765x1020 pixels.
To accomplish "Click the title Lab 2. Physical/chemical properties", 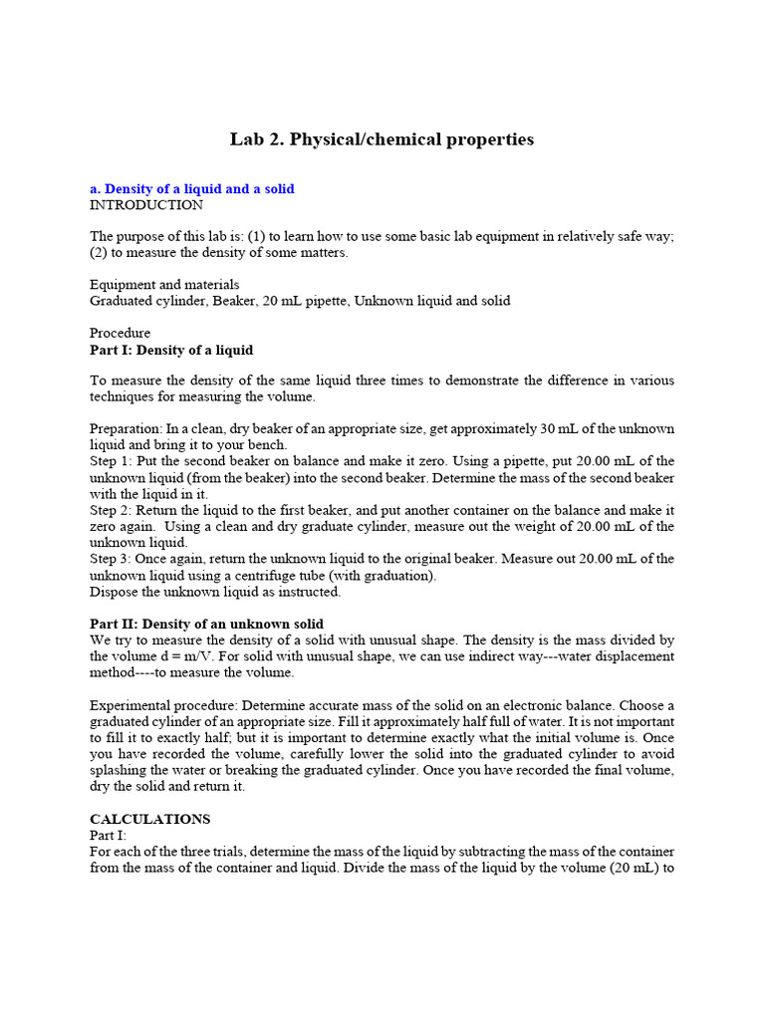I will [382, 139].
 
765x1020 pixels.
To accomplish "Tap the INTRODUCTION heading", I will [146, 205].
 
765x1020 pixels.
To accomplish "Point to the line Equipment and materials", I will [164, 285].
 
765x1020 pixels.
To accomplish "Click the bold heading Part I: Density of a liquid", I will [171, 350].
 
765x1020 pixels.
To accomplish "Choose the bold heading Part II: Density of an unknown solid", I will [206, 624].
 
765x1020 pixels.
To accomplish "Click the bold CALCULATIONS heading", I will [150, 819].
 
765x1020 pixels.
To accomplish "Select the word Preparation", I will [125, 428].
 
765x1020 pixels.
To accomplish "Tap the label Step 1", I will [109, 461].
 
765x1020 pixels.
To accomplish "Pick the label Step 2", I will [109, 510].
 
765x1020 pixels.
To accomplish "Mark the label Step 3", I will [109, 559].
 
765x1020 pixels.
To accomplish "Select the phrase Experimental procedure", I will [163, 705].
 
